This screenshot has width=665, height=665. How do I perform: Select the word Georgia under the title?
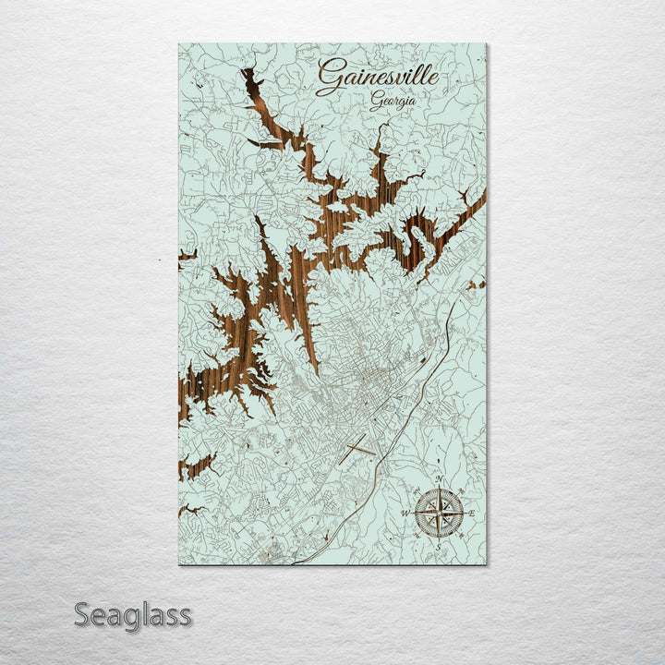tap(392, 103)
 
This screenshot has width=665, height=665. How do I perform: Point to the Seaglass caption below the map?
tap(132, 614)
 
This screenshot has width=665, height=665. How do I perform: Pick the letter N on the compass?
tap(440, 478)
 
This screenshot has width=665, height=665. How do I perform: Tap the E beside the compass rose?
tap(472, 513)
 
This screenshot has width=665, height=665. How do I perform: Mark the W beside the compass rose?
tap(405, 513)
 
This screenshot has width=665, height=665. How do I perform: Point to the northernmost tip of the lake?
tap(247, 70)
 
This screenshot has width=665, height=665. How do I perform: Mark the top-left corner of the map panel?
tap(179, 44)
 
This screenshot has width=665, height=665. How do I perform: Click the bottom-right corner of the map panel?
tap(486, 564)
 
